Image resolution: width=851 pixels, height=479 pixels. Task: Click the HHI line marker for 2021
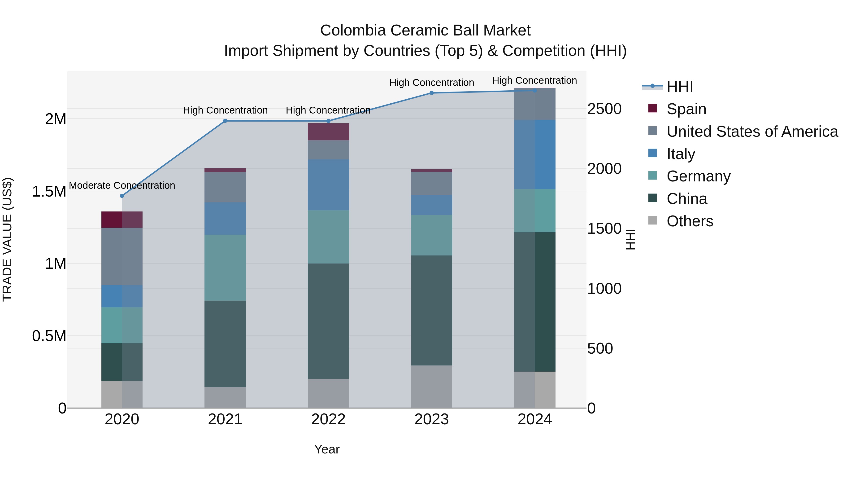[x=225, y=121]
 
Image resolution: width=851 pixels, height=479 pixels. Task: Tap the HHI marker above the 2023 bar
[x=431, y=93]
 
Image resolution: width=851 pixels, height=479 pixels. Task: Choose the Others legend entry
[x=690, y=221]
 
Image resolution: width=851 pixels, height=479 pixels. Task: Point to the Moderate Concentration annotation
[x=122, y=185]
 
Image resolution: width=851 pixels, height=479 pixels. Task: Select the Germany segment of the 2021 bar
[x=225, y=268]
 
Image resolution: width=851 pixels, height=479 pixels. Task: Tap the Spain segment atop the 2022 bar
[x=328, y=132]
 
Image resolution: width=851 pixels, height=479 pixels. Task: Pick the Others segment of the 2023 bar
[x=431, y=387]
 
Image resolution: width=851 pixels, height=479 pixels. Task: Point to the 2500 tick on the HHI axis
[x=604, y=109]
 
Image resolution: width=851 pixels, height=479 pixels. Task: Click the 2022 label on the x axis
[x=328, y=419]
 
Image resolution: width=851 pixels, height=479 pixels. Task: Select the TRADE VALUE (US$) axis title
[x=7, y=239]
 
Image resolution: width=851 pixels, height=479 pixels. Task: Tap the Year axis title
[x=327, y=449]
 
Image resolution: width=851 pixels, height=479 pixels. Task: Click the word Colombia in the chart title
[x=353, y=31]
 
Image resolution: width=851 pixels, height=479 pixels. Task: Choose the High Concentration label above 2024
[x=534, y=80]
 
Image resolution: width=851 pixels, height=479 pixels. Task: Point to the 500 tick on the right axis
[x=600, y=348]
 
